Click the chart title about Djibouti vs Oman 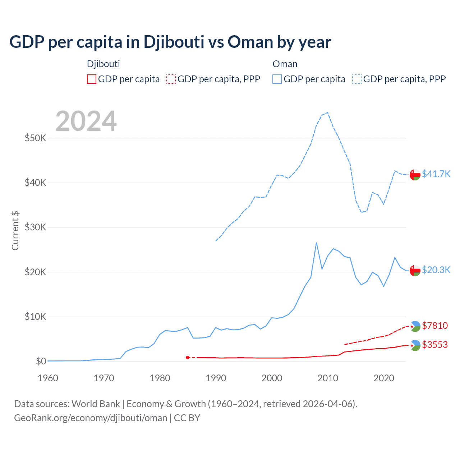pyautogui.click(x=170, y=42)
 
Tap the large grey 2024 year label pyautogui.click(x=86, y=121)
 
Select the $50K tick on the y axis pyautogui.click(x=35, y=138)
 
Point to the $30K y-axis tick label pyautogui.click(x=35, y=227)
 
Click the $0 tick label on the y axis pyautogui.click(x=41, y=361)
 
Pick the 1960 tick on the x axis pyautogui.click(x=48, y=378)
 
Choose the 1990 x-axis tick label pyautogui.click(x=216, y=378)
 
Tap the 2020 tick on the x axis pyautogui.click(x=384, y=378)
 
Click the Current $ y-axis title pyautogui.click(x=15, y=230)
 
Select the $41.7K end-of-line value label pyautogui.click(x=436, y=174)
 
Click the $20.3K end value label pyautogui.click(x=436, y=270)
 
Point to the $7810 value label pyautogui.click(x=435, y=326)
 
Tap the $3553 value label pyautogui.click(x=435, y=345)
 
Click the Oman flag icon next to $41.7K pyautogui.click(x=415, y=174)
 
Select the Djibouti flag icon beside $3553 pyautogui.click(x=415, y=345)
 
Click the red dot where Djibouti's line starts pyautogui.click(x=188, y=357)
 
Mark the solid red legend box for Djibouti pyautogui.click(x=92, y=79)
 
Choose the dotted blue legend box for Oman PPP pyautogui.click(x=357, y=79)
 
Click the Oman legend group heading pyautogui.click(x=285, y=64)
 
